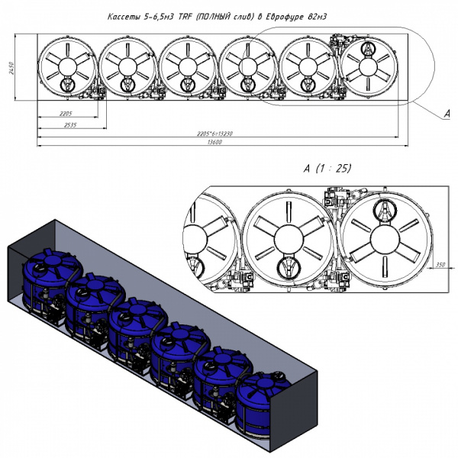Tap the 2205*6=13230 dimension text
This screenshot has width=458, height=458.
pyautogui.click(x=214, y=134)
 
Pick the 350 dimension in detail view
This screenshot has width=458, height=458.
pyautogui.click(x=440, y=264)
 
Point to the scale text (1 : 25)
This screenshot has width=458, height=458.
pyautogui.click(x=336, y=168)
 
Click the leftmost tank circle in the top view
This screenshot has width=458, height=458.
pyautogui.click(x=67, y=67)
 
